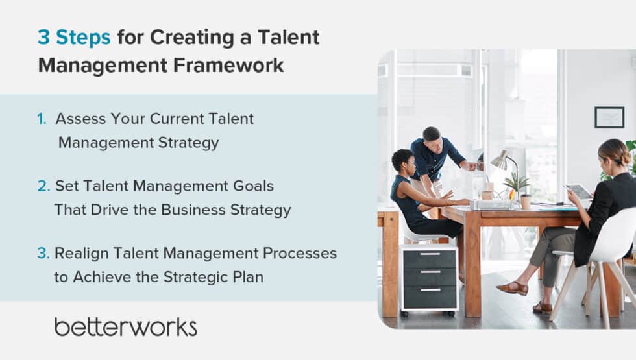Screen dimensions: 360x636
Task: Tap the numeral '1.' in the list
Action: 42,119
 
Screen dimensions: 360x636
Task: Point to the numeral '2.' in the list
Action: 43,186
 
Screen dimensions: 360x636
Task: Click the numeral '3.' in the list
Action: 43,254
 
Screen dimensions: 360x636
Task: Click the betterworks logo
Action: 125,326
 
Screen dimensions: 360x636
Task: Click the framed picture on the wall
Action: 609,117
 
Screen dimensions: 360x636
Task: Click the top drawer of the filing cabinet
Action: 429,258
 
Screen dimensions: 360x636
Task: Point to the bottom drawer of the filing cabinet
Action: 429,297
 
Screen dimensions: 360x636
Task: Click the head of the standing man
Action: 431,136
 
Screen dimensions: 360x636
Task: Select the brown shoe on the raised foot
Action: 513,287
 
